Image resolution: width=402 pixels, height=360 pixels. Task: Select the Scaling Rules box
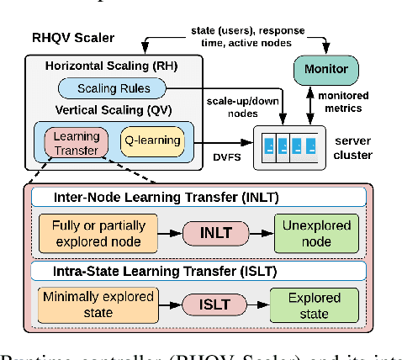[113, 87]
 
